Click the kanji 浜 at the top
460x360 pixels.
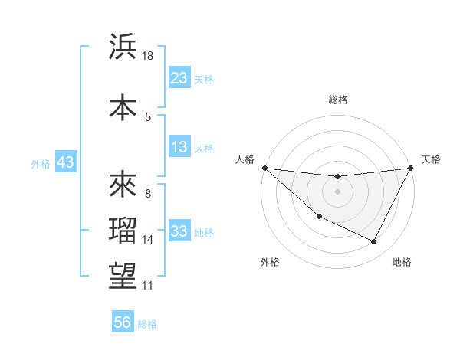pos(123,47)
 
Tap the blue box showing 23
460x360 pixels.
pos(179,78)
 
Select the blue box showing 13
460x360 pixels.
pos(179,147)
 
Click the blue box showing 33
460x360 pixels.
pos(179,231)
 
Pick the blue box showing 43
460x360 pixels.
pos(65,162)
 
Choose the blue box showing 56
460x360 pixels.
pos(123,322)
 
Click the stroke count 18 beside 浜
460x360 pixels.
pos(148,56)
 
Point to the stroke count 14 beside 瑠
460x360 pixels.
pos(148,240)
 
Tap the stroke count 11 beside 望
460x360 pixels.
pos(148,286)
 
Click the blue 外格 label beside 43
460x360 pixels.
pos(41,163)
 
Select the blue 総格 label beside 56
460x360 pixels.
pos(147,323)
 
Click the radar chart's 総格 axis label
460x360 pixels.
pos(338,100)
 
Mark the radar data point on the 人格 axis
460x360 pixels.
pos(264,168)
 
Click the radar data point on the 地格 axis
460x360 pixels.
pos(374,242)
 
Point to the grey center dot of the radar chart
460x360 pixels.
pos(337,191)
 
